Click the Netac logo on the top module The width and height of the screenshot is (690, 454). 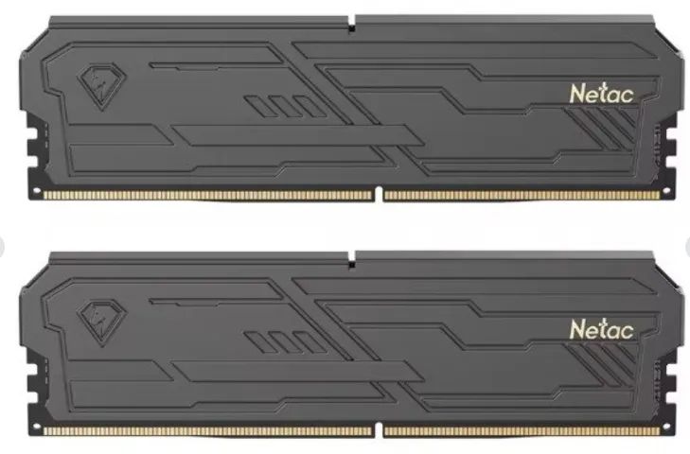[x=602, y=94]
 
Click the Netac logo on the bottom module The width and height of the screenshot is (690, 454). [x=602, y=329]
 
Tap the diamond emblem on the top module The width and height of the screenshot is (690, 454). [x=101, y=86]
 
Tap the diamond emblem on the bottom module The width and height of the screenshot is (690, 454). [x=101, y=322]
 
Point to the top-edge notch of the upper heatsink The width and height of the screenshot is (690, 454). [x=351, y=25]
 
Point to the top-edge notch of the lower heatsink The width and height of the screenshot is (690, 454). [x=351, y=260]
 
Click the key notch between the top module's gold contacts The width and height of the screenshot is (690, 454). [x=379, y=194]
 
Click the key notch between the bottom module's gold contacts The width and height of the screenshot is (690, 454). [x=379, y=429]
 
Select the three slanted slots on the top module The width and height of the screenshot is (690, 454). [x=284, y=106]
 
